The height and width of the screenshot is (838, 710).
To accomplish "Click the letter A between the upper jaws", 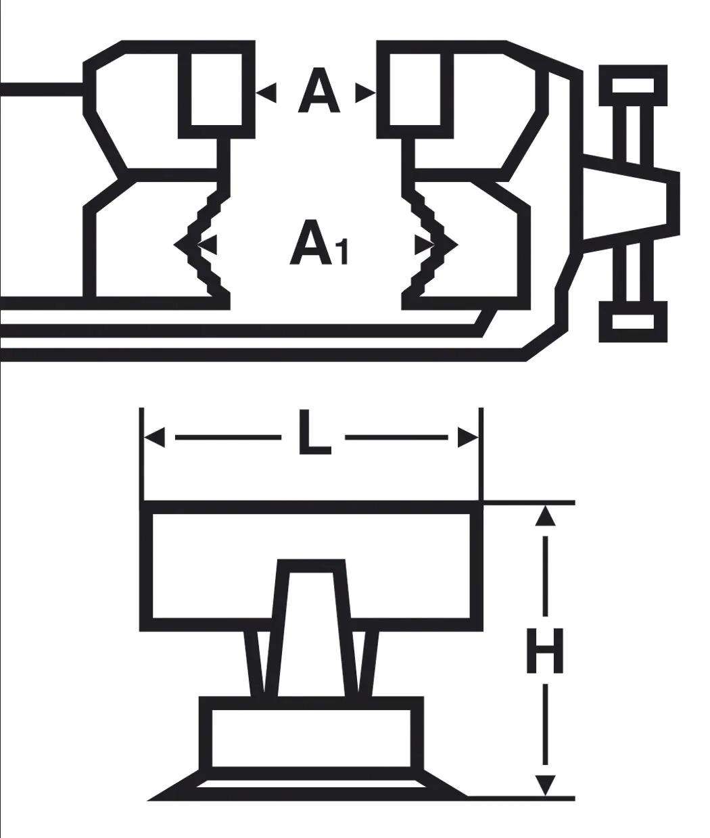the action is coord(318,90).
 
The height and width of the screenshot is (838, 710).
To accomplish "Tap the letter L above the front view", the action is coord(314,432).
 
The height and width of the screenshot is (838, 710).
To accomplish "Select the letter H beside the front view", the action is coord(544,656).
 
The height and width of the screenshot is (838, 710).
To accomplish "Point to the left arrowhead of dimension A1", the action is coord(207,245).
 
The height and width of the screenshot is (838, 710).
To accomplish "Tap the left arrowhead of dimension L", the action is coord(154,438).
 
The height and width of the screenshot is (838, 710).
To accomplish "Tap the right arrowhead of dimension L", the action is coord(468,438).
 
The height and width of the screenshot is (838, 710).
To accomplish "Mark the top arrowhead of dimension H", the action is coord(545,516).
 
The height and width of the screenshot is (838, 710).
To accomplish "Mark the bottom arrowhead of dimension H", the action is coord(545,785).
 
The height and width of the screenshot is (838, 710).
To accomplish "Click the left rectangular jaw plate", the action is coord(216,89).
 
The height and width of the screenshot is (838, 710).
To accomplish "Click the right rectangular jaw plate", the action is coord(415,89).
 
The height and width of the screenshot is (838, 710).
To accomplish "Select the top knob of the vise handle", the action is coord(633,85).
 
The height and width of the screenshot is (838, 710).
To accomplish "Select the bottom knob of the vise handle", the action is coord(633,321).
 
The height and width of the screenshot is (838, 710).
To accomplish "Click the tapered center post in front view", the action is coord(311,628).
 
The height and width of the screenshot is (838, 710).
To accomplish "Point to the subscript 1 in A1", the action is coord(343,254).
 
